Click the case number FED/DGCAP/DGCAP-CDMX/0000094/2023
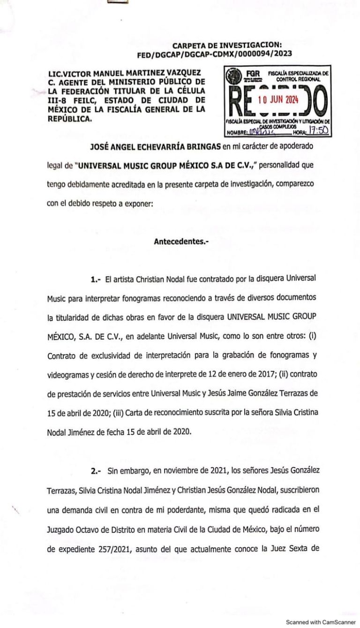(214, 53)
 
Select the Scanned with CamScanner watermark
(321, 622)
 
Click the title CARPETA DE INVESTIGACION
(227, 45)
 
